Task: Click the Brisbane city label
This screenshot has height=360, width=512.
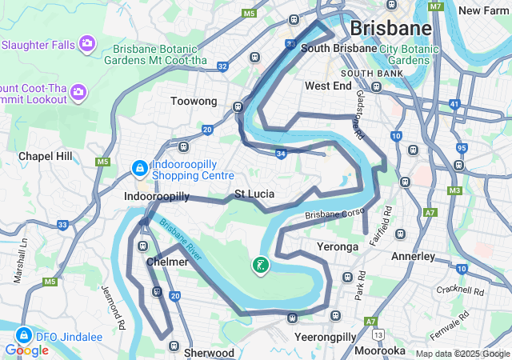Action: [x=390, y=28]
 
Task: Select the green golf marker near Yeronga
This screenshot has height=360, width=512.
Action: [x=260, y=266]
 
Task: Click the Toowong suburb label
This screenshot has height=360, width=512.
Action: [x=194, y=102]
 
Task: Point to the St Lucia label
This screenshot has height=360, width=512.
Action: [x=254, y=194]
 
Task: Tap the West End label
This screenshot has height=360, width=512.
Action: [x=328, y=85]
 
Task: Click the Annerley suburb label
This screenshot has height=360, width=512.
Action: [x=413, y=257]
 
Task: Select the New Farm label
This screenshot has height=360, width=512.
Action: [x=484, y=10]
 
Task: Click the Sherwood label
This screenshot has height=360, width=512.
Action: [x=209, y=353]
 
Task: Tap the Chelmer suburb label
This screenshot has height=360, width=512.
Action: [x=167, y=262]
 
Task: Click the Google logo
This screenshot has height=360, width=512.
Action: [x=27, y=350]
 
